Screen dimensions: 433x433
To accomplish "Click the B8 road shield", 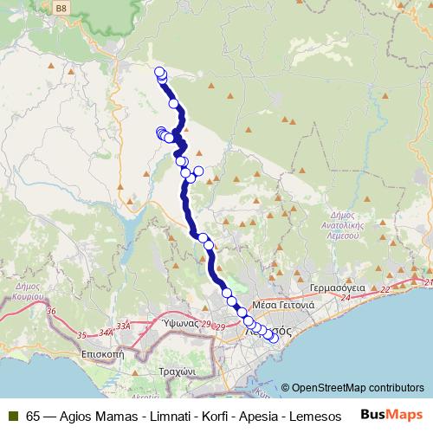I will (61, 8).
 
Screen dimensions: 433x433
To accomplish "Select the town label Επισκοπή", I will (103, 353).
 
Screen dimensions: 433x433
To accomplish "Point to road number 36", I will (50, 311).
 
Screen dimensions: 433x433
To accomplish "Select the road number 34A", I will (107, 331).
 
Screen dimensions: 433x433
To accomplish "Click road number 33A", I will (124, 326).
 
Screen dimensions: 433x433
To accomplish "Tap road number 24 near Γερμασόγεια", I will (347, 297).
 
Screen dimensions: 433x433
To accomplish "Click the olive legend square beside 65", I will (13, 415).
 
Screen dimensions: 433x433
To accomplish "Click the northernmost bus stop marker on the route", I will (159, 72).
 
